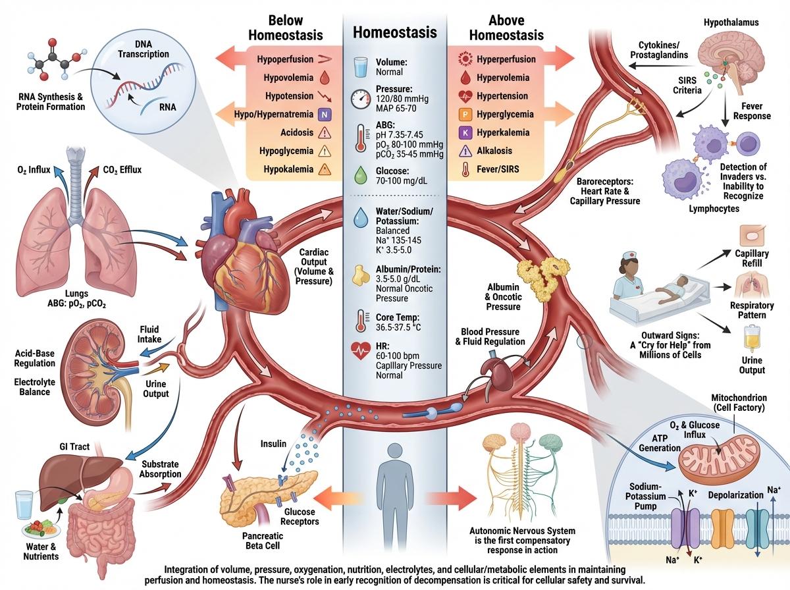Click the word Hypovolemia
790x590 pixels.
point(282,77)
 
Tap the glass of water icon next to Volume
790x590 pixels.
point(361,67)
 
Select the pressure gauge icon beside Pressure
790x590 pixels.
point(361,99)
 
